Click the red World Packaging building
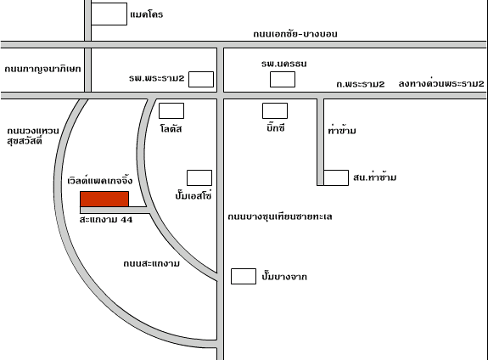click(104, 199)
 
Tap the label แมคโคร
click(147, 14)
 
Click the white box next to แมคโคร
click(109, 14)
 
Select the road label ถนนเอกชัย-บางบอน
click(295, 34)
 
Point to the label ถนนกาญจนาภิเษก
click(42, 69)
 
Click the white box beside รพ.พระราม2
click(201, 80)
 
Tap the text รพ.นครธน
click(283, 64)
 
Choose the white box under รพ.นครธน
click(283, 80)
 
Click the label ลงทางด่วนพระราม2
click(441, 83)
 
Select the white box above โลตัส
click(171, 111)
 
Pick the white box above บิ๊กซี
click(275, 111)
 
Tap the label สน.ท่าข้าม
click(375, 177)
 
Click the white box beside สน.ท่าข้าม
click(336, 177)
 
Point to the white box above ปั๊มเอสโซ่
click(199, 177)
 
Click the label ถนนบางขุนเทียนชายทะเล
click(280, 217)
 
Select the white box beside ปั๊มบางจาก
click(244, 277)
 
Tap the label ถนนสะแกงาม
click(152, 263)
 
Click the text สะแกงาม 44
click(106, 220)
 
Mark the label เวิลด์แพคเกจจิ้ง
click(100, 181)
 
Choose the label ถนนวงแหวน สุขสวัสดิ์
click(33, 136)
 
